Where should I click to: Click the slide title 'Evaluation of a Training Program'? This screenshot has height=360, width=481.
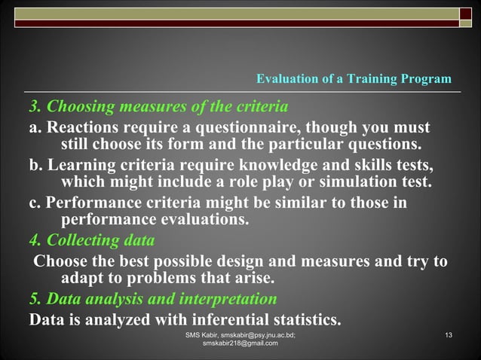pyautogui.click(x=354, y=79)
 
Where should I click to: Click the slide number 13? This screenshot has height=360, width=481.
pyautogui.click(x=449, y=334)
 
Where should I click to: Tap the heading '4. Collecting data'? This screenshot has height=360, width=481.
pyautogui.click(x=92, y=241)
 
